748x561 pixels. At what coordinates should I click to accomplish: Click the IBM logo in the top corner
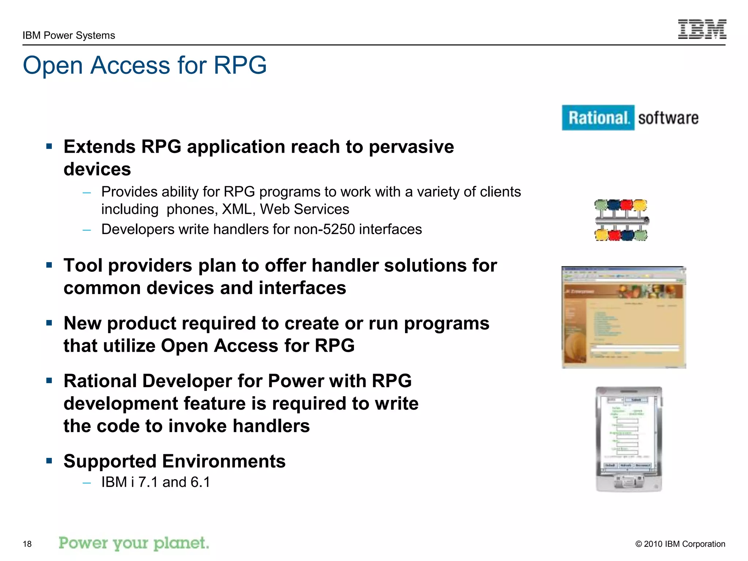[x=702, y=29]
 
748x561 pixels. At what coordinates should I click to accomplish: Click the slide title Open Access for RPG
[x=145, y=65]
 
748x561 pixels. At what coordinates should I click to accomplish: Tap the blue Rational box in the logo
[x=598, y=118]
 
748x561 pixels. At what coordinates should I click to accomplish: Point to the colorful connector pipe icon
[x=621, y=220]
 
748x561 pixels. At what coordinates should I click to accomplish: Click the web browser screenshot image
[x=623, y=317]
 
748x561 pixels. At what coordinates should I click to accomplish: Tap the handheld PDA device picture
[x=629, y=439]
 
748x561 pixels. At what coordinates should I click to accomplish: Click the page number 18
[x=27, y=544]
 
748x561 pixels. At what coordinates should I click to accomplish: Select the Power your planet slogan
[x=134, y=543]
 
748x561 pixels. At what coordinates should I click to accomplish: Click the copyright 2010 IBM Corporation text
[x=680, y=544]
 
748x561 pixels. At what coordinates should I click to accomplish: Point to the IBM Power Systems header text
[x=69, y=35]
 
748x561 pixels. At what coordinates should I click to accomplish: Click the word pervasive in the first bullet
[x=411, y=147]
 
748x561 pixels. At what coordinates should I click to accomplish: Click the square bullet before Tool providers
[x=49, y=265]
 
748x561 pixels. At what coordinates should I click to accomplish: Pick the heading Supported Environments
[x=174, y=461]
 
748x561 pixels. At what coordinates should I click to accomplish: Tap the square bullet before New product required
[x=49, y=323]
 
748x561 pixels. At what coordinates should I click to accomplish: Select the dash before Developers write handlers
[x=87, y=230]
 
